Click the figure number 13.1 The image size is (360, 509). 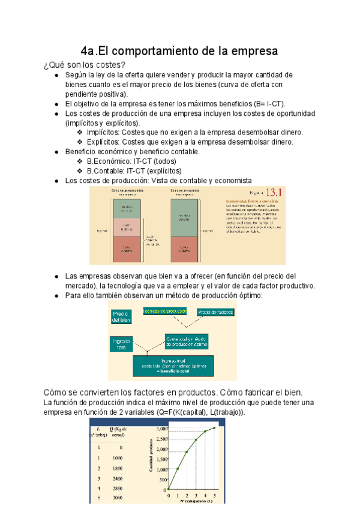[x=274, y=193]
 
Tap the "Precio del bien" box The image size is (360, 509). [x=121, y=316]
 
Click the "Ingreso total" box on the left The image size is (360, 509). [x=121, y=344]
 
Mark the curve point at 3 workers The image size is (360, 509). [x=196, y=440]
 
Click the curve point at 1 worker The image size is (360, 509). [x=178, y=469]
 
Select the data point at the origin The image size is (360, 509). [x=169, y=489]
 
